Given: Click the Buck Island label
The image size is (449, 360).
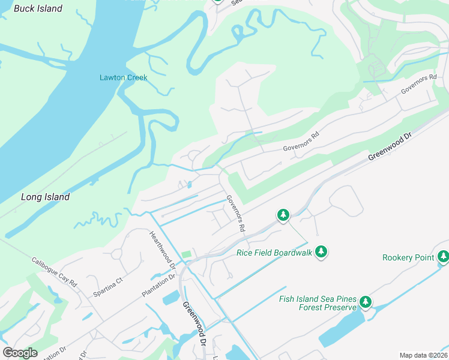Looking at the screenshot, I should pos(38,8).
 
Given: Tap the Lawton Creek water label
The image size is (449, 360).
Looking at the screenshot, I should pos(123,77).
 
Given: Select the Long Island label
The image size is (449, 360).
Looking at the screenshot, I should pos(45,197).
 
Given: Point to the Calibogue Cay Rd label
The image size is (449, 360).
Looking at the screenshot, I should pos(55,272).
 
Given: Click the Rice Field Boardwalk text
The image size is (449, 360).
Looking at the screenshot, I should pos(274,253).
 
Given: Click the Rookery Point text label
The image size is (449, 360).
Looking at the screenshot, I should pos(408,257).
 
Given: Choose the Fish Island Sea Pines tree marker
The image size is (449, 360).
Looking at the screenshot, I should pos(365,302).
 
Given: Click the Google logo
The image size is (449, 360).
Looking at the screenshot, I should pos(20,353).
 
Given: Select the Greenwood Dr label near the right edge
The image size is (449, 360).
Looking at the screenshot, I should pos(390,147).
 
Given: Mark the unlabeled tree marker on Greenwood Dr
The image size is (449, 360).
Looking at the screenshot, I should pos(283,214).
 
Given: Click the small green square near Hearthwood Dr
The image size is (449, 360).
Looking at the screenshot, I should pos(186,255).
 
